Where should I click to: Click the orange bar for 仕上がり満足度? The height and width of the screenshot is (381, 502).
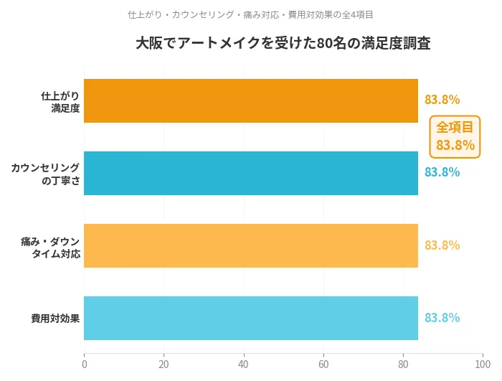coord(251,100)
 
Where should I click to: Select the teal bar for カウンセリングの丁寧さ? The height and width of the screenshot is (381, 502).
coord(251,173)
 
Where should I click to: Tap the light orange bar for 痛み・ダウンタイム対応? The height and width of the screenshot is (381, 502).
coord(251,245)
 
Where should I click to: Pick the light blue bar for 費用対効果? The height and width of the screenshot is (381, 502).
coord(251,318)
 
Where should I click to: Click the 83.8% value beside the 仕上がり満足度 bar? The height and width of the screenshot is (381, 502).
coord(442,100)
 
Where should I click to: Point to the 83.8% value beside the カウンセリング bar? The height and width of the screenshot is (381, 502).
coord(442,172)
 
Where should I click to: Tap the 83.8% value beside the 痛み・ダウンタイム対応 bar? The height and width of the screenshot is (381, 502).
coord(442,245)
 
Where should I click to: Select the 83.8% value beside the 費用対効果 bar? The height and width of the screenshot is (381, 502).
coord(442,317)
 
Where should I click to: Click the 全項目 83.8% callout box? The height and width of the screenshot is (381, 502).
coord(455,136)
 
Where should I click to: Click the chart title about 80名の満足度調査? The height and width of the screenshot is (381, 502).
coord(283,43)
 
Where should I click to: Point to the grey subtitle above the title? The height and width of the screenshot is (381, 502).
coord(250,14)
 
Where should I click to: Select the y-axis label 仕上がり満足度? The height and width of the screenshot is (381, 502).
coord(60,101)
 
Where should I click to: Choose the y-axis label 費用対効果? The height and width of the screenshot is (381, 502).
coord(55,318)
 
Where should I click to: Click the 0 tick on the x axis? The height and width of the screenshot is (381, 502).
coord(85,364)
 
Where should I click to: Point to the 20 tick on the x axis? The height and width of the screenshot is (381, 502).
coord(164,364)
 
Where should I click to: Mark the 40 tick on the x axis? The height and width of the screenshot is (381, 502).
coord(244,364)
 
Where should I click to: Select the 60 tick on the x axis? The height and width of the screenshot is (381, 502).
coord(323,364)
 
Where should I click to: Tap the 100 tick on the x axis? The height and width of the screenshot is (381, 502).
coord(483,364)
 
